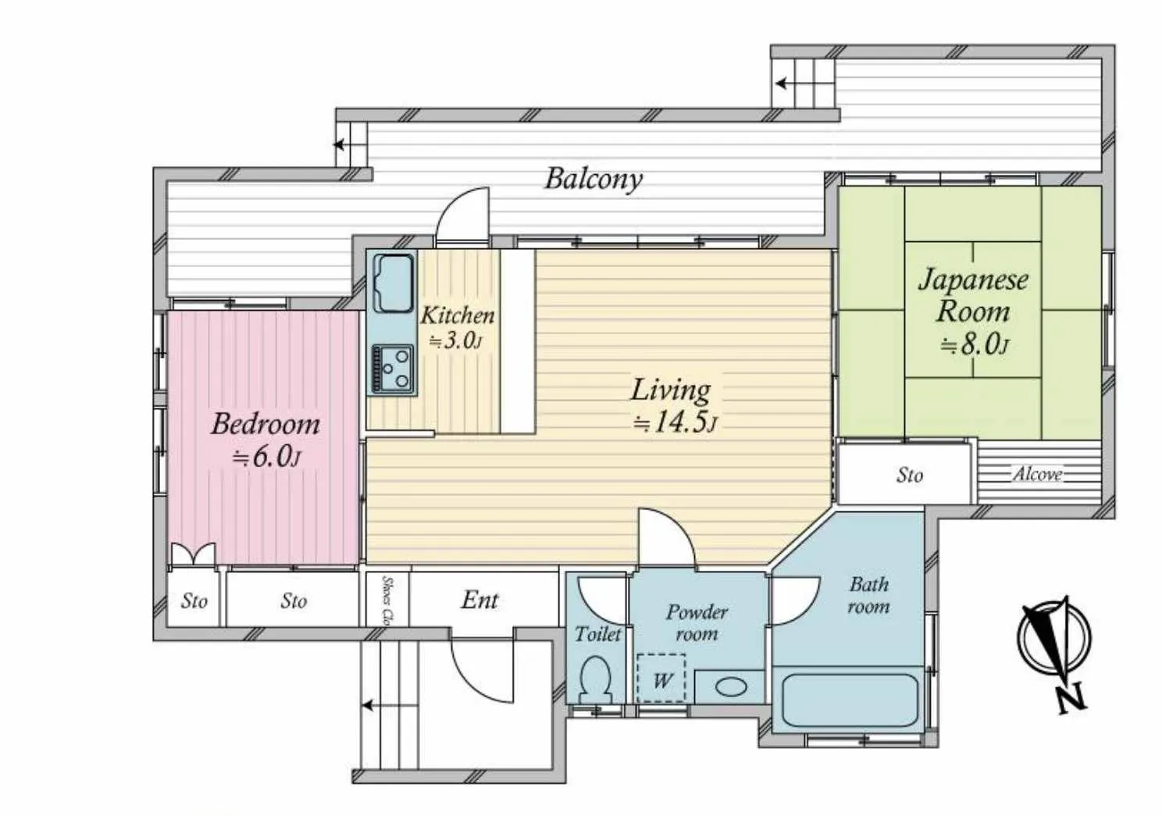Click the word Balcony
click(593, 180)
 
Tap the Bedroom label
click(265, 424)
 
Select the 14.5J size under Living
click(675, 423)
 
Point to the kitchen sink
click(394, 283)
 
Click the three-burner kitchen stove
click(394, 369)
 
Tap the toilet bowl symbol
click(596, 678)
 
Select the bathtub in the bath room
click(849, 700)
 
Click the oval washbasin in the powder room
click(732, 687)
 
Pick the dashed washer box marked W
click(661, 679)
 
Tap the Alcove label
click(1038, 474)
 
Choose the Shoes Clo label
click(387, 600)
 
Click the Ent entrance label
click(479, 600)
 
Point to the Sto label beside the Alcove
click(910, 476)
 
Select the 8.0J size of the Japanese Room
click(975, 344)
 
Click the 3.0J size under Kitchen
click(456, 340)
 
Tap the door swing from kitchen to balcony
click(462, 213)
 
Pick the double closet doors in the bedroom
click(193, 554)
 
